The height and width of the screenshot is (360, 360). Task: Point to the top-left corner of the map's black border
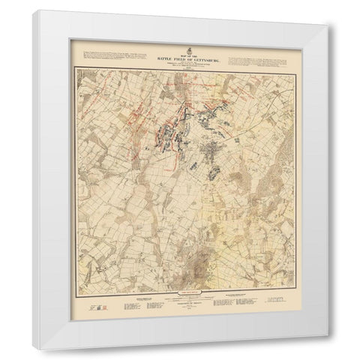pos(72,69)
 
